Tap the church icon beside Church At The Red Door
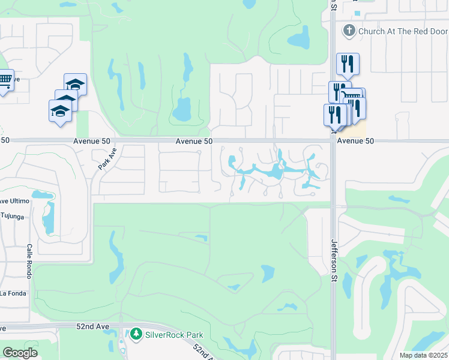pos(348,30)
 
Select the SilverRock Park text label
pos(174,335)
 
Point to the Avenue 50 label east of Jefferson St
pos(355,141)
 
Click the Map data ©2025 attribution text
pos(423,355)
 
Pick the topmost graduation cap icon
pos(76,83)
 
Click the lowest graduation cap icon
pos(60,110)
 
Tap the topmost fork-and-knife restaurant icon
pos(348,63)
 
